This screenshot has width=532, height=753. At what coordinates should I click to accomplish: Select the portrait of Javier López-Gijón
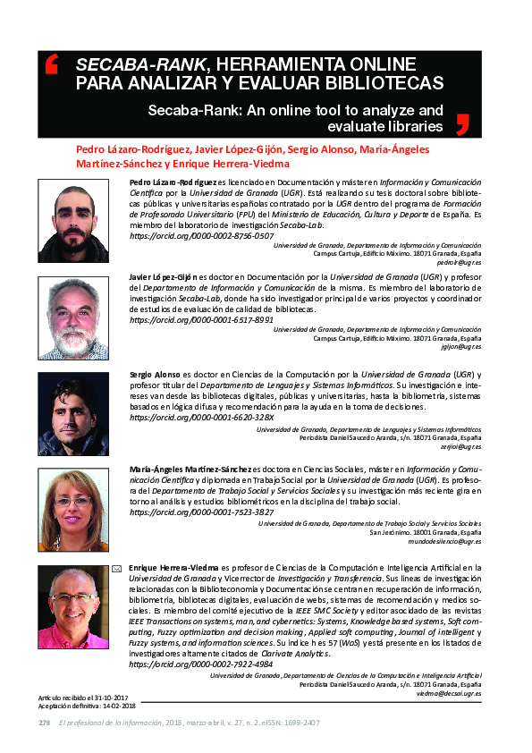click(x=73, y=317)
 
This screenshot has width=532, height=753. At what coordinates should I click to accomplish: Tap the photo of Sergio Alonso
click(x=73, y=414)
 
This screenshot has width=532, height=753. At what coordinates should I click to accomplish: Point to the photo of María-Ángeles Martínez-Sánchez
click(x=73, y=509)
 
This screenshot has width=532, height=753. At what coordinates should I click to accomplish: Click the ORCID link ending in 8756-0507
click(x=202, y=236)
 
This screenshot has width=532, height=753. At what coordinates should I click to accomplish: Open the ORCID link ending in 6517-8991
click(x=202, y=319)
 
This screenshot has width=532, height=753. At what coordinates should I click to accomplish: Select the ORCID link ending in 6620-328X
click(x=202, y=418)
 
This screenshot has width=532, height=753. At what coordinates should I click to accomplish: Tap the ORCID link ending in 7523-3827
click(x=202, y=512)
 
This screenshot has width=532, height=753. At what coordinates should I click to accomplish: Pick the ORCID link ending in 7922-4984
click(x=202, y=664)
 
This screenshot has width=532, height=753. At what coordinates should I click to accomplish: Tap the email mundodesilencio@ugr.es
click(x=444, y=541)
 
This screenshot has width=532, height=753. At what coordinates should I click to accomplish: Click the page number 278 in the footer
click(x=44, y=723)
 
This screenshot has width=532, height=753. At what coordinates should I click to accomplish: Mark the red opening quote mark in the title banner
click(x=51, y=64)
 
